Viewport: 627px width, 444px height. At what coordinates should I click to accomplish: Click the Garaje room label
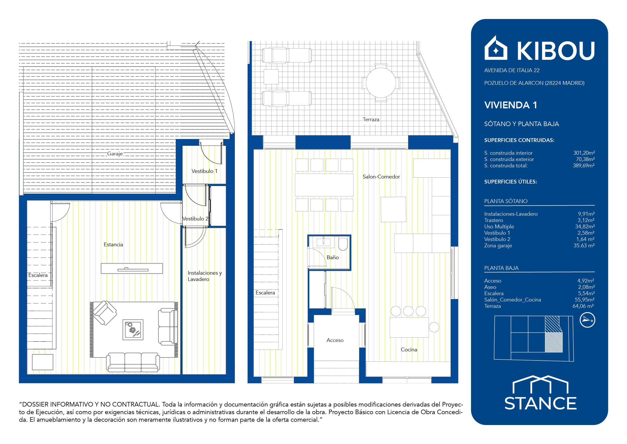tap(115, 154)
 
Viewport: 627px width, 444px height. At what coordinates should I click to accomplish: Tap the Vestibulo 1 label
tap(205, 171)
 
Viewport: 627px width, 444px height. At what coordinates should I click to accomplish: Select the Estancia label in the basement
tap(113, 245)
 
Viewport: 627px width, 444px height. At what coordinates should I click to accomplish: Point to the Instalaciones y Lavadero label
tap(205, 276)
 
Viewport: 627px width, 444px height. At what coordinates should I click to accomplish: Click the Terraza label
tap(371, 119)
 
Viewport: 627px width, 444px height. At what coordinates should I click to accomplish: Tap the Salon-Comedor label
tap(381, 177)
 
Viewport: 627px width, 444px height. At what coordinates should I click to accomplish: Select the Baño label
tap(333, 257)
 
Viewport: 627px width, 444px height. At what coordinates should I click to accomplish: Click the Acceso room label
tap(335, 340)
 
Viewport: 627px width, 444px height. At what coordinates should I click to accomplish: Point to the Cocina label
tap(409, 349)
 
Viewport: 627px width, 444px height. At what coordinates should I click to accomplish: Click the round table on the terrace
tap(381, 83)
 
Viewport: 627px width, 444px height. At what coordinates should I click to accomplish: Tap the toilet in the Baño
tap(343, 244)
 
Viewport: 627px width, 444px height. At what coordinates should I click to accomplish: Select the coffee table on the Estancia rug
tap(133, 330)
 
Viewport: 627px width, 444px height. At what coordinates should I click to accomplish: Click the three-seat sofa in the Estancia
tap(133, 362)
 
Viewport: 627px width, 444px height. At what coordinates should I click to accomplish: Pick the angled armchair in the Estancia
tap(105, 313)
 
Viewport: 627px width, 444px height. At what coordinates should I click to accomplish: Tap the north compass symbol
tap(587, 320)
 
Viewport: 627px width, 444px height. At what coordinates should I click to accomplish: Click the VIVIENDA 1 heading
tap(511, 105)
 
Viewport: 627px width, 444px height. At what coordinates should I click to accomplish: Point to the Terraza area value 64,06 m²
tap(583, 306)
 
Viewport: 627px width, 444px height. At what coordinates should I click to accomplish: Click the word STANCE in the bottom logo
tap(541, 403)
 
